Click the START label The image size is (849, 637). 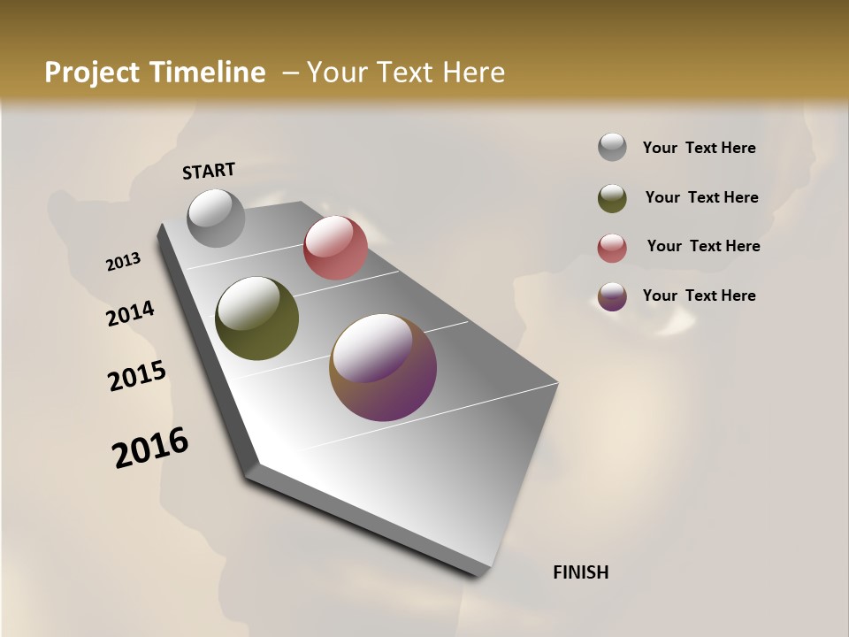coord(209,171)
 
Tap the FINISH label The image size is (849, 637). coord(580,572)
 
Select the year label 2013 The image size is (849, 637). coord(124,261)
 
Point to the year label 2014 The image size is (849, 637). coord(130,313)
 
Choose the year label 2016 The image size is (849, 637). coord(150,447)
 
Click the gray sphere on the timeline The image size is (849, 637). coord(216,218)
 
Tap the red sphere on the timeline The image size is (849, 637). coord(335,248)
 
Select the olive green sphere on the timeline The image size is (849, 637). coord(256,318)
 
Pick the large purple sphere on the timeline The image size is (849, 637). coord(383,367)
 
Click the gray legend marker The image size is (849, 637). coord(612,148)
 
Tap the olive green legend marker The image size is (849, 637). coord(612,197)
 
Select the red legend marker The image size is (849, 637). coord(612,247)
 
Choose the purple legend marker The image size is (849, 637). coord(612,295)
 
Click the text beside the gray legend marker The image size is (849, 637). coord(699,148)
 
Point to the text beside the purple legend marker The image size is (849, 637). coord(699,295)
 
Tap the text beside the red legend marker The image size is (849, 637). coord(703,246)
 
